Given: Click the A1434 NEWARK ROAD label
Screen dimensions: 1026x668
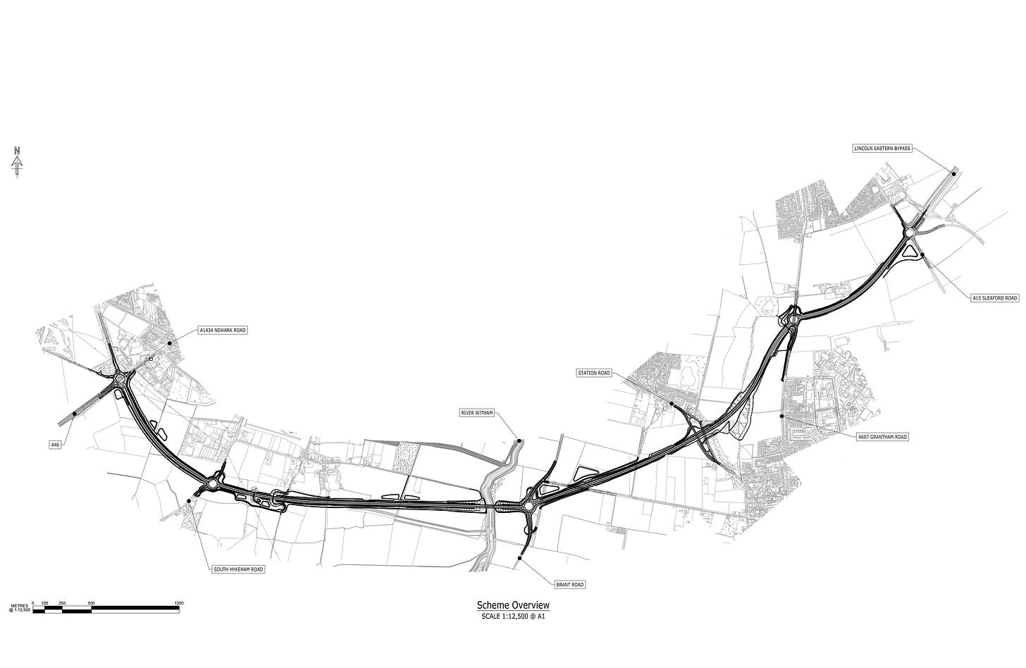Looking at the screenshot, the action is tap(223, 330).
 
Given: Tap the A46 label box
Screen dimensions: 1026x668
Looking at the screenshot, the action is tap(56, 445).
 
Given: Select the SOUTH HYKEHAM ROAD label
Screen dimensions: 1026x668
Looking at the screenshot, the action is tap(238, 569).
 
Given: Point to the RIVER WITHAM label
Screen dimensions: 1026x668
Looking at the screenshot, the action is tap(476, 412).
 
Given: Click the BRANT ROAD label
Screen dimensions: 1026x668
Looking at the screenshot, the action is tap(570, 585).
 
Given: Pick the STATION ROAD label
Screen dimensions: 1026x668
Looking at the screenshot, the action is tap(593, 372).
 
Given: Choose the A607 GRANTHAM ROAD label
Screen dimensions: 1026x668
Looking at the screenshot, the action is tap(882, 437).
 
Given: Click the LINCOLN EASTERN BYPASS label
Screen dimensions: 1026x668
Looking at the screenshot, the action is tap(882, 149).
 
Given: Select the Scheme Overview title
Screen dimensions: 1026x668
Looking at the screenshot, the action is tap(512, 605).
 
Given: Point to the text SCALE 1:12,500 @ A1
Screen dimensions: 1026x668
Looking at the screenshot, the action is tap(512, 617).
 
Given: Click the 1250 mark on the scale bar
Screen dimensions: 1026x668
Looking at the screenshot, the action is tap(178, 603).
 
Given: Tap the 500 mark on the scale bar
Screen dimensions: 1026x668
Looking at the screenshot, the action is tap(92, 603).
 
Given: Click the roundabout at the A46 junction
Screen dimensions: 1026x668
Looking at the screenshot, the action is tap(121, 379).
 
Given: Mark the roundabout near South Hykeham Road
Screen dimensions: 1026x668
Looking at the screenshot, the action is tap(213, 483).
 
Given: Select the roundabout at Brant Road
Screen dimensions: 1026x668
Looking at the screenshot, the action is tap(529, 505).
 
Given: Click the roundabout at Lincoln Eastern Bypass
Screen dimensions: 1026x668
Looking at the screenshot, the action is tap(910, 233).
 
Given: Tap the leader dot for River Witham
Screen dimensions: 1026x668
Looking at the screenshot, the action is tap(519, 441).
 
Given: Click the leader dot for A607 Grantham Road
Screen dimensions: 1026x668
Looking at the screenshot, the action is tap(782, 416).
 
